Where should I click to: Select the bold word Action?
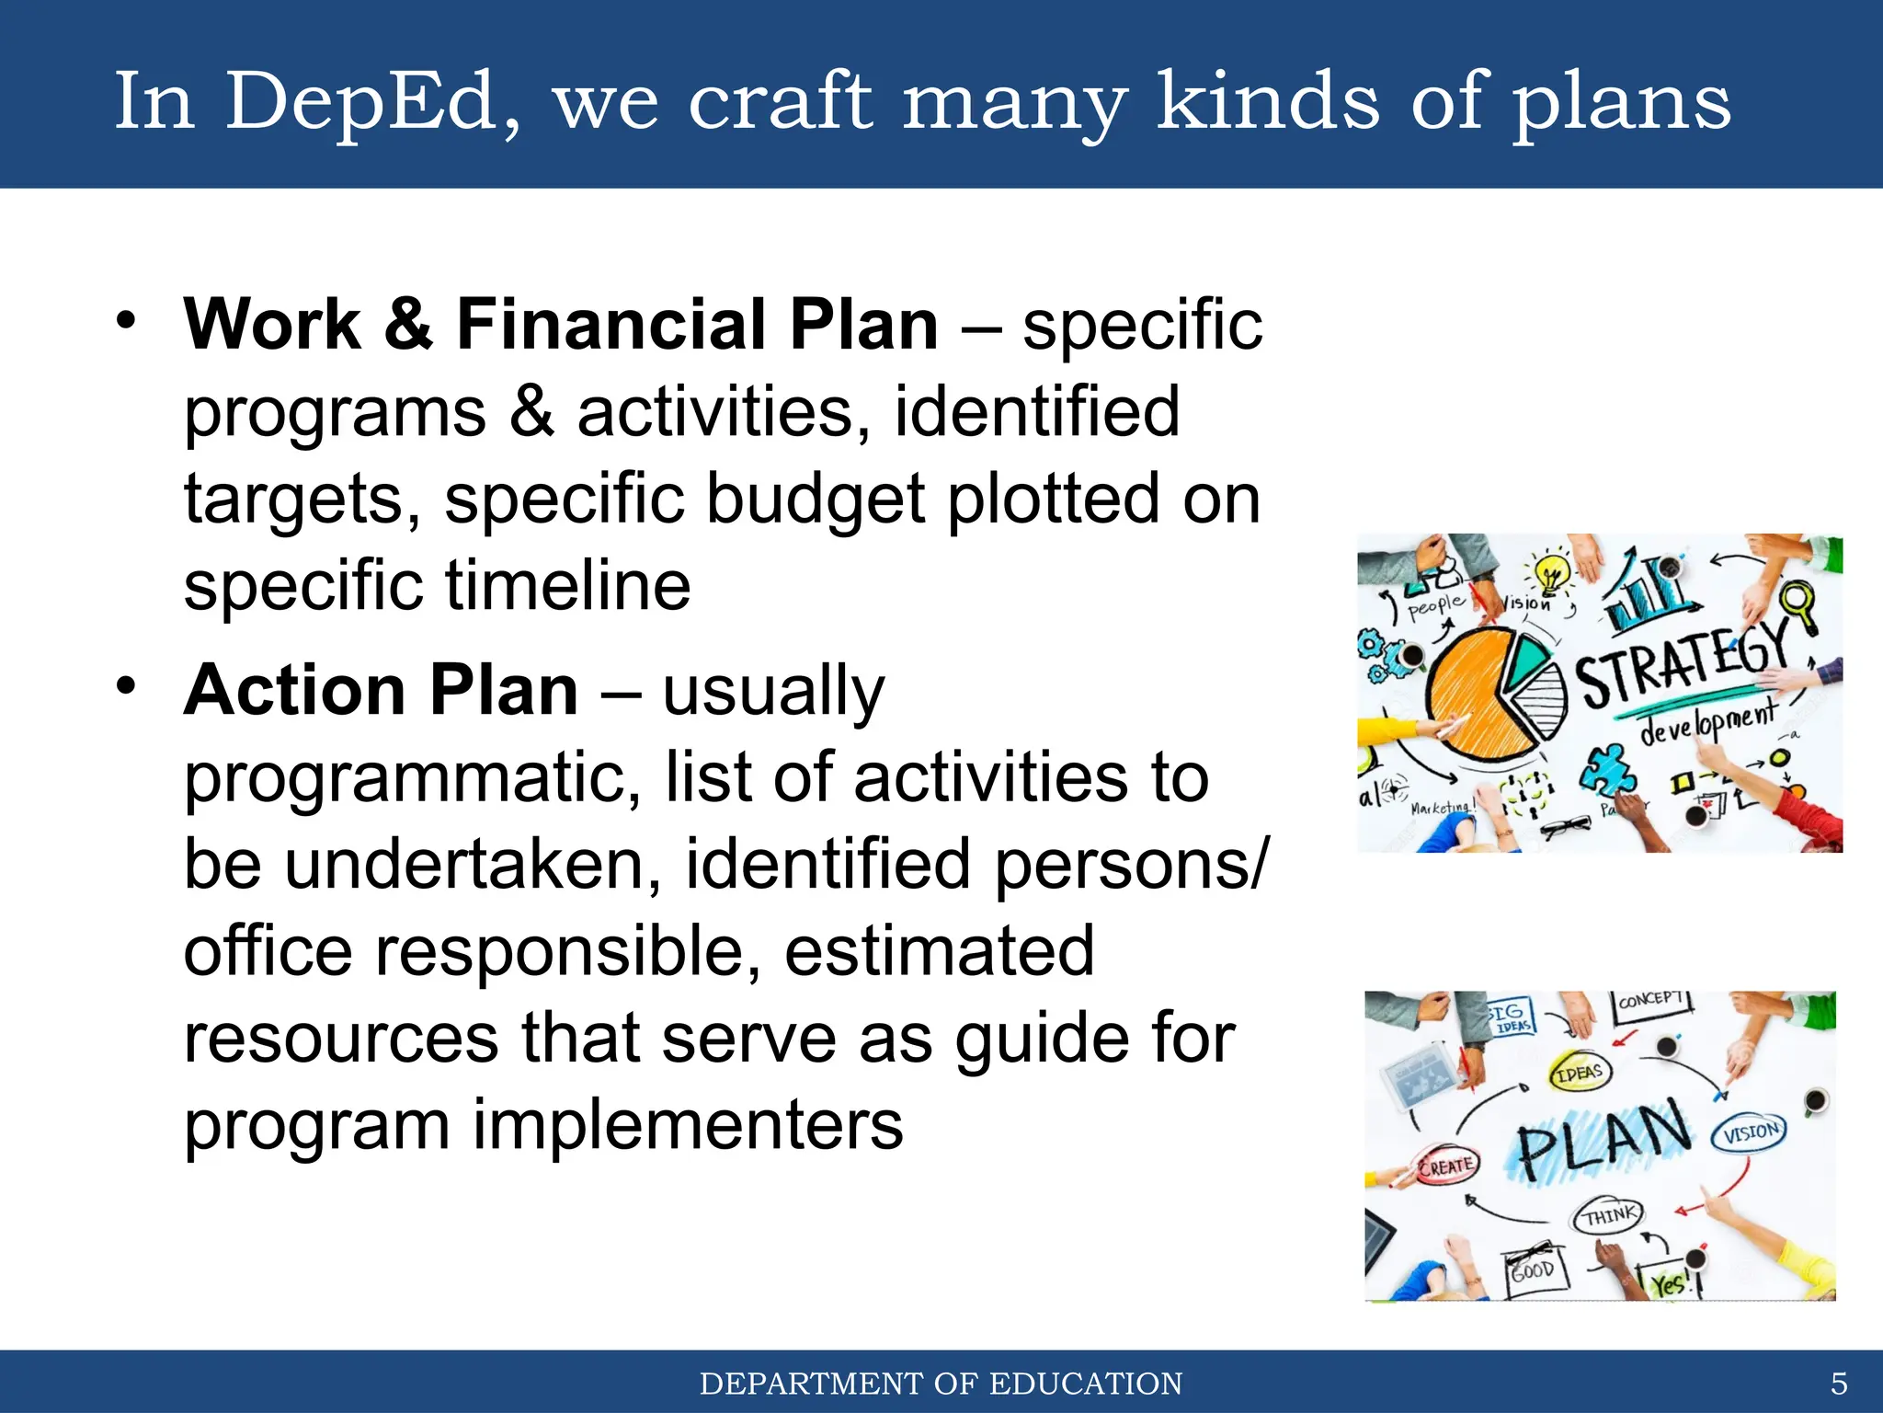click(294, 691)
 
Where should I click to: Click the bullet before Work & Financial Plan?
click(126, 321)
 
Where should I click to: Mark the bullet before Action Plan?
click(126, 686)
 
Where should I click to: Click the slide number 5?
click(1838, 1384)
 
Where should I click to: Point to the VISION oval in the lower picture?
click(1749, 1132)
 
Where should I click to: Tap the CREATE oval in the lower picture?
click(1446, 1166)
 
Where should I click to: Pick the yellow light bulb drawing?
click(1552, 576)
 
